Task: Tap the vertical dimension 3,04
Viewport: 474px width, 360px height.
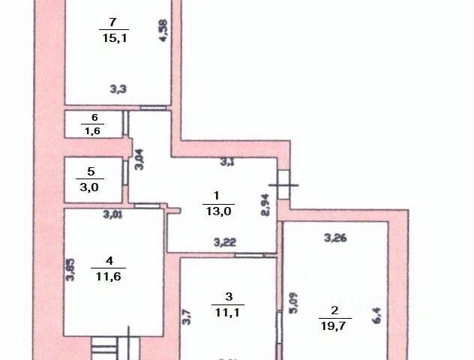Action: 139,160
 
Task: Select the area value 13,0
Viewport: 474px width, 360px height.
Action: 218,211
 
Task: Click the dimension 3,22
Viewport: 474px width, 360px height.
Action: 225,241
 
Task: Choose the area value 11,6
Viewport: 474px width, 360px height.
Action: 109,275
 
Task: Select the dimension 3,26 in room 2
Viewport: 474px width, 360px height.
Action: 335,239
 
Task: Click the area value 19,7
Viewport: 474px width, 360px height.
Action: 334,325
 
